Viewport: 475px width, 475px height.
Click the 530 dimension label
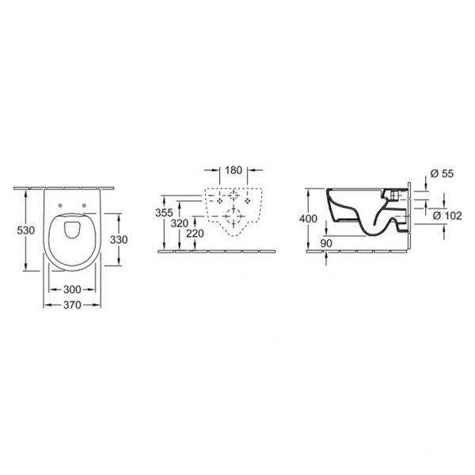point(26,230)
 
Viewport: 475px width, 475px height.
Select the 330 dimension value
point(119,240)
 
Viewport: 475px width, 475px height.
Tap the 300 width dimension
point(72,290)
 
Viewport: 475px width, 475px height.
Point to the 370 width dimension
point(72,305)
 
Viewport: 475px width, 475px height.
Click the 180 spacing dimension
point(234,170)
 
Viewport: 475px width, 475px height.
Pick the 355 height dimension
point(164,213)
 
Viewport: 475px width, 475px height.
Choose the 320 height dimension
point(180,223)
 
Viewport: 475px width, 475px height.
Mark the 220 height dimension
point(195,234)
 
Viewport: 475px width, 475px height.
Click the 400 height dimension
point(308,218)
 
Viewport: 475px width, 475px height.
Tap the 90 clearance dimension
point(326,243)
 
